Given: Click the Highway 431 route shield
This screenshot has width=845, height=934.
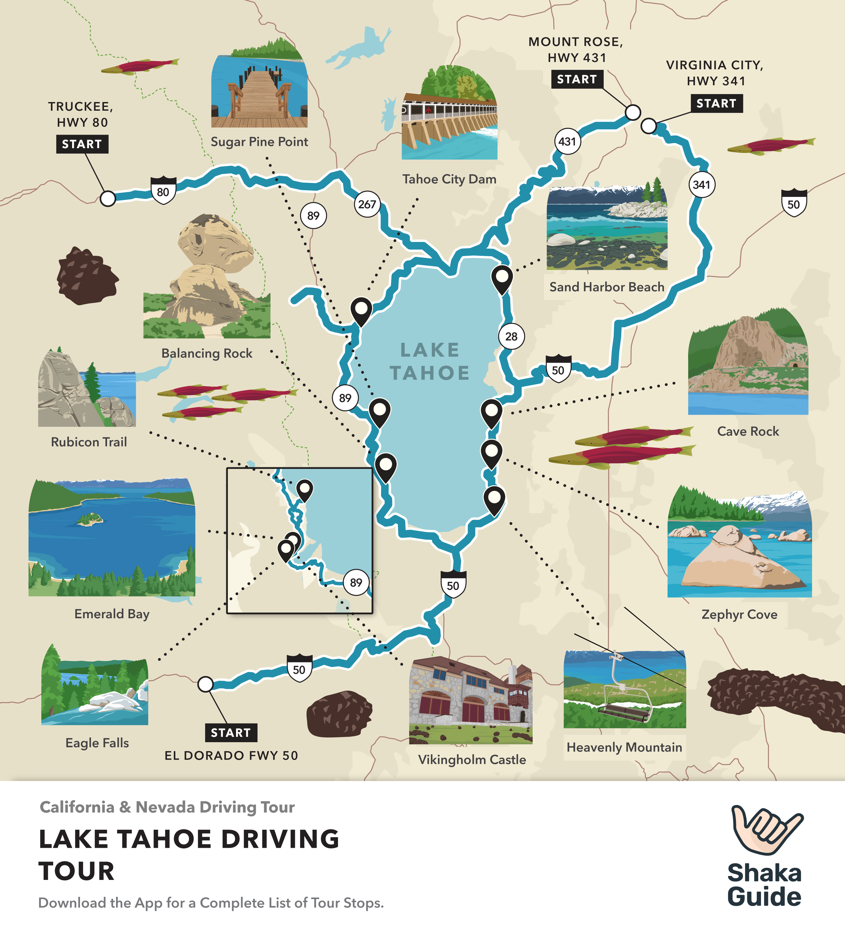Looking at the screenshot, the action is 567,141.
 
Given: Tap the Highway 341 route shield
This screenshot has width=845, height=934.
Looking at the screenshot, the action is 701,185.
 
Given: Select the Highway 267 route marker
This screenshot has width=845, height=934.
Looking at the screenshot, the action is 367,204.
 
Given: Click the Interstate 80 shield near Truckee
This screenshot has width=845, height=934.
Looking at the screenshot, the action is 163,191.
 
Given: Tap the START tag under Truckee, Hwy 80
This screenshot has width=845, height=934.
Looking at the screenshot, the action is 82,144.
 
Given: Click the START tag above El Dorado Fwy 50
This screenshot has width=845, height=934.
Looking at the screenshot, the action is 231,732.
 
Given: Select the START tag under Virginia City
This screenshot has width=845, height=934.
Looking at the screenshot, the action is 716,103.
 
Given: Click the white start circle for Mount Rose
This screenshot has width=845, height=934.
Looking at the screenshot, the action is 633,112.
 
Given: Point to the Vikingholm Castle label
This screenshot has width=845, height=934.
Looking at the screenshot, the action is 472,760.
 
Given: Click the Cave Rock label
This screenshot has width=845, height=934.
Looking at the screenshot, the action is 748,431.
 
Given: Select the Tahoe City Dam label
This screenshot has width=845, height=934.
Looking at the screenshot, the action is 449,179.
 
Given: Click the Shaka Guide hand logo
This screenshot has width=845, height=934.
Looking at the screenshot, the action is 765,829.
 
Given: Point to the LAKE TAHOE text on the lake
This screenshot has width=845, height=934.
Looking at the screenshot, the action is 430,361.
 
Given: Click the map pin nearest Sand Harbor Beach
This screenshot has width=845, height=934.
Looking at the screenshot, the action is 502,279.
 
